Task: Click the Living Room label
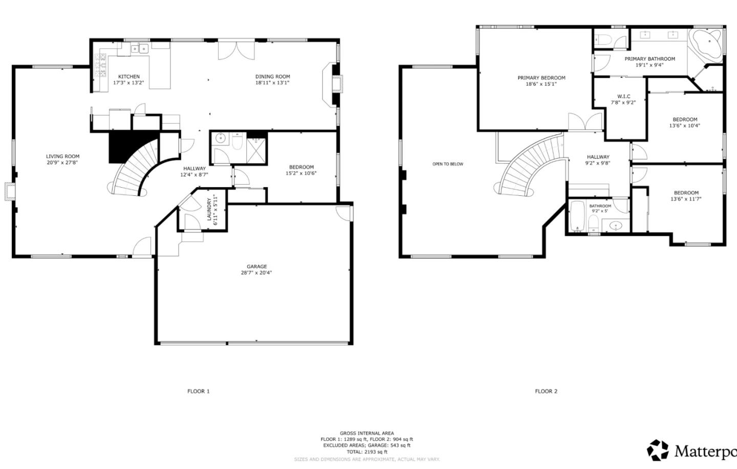[x=62, y=157]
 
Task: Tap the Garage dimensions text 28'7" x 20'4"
[x=256, y=273]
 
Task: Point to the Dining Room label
[x=272, y=77]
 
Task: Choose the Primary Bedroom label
[x=541, y=78]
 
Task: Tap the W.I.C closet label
[x=623, y=96]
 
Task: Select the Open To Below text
[x=447, y=164]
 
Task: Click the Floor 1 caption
[x=198, y=391]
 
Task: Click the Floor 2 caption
[x=546, y=391]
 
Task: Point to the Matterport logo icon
[x=658, y=450]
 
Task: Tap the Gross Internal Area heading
[x=366, y=433]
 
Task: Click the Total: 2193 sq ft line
[x=366, y=452]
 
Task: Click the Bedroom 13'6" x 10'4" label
[x=684, y=120]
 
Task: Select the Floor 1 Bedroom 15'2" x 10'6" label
[x=301, y=167]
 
